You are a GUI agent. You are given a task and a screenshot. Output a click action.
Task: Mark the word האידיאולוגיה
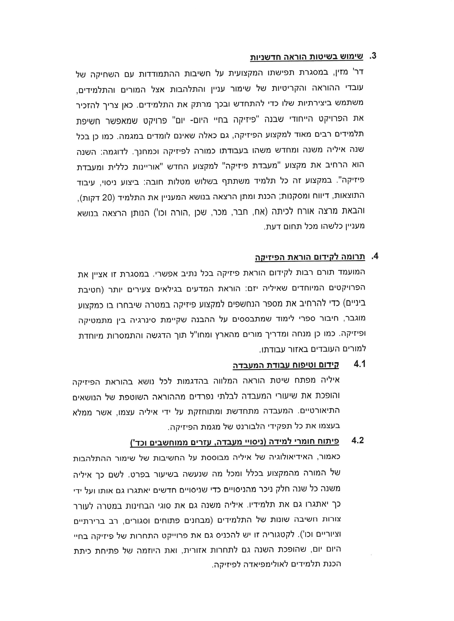point(295,457)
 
